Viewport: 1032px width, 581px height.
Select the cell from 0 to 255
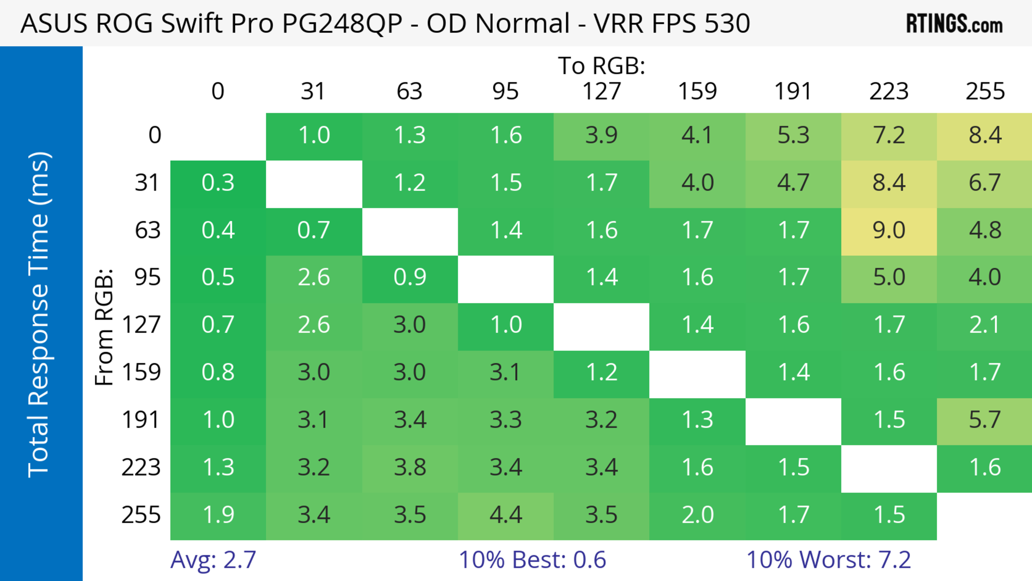985,135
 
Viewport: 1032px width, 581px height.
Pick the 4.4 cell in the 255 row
506,515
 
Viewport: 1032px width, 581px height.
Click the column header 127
601,91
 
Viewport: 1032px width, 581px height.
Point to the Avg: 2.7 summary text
213,560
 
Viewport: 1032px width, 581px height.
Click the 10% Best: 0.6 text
532,560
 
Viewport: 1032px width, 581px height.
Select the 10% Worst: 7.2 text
829,560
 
